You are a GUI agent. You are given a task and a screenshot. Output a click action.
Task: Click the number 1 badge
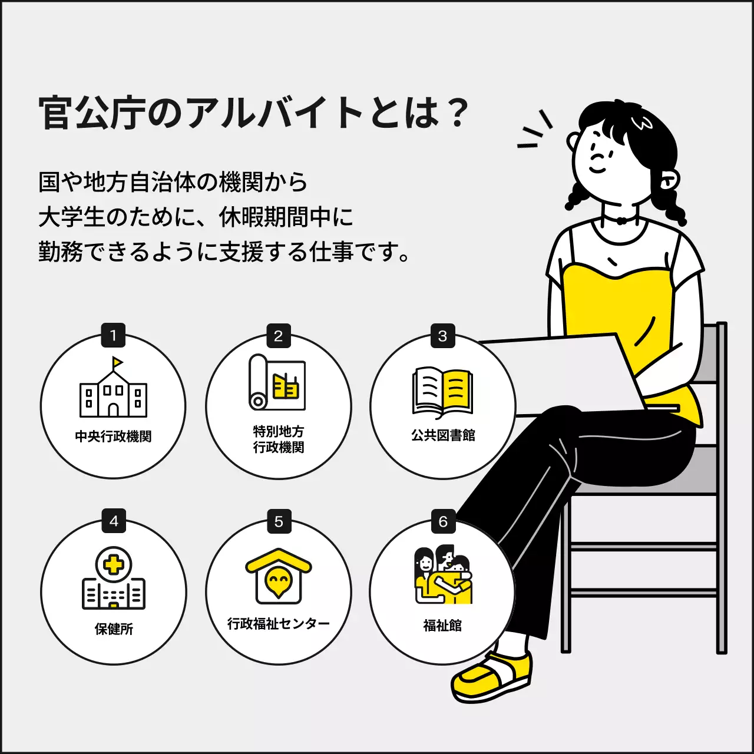click(x=113, y=336)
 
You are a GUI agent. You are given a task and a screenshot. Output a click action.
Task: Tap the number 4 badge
click(x=113, y=521)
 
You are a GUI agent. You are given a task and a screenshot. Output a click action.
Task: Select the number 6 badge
click(x=443, y=521)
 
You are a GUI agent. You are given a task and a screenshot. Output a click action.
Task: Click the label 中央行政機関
click(x=113, y=436)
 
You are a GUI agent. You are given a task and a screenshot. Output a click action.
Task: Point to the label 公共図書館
click(x=443, y=435)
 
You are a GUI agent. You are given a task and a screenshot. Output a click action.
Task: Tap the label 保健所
click(x=114, y=629)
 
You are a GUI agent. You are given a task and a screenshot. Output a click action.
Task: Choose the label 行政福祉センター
click(x=279, y=623)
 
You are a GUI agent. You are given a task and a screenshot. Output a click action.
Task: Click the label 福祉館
click(x=442, y=625)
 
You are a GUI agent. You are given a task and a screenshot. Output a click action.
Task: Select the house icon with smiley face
click(x=279, y=577)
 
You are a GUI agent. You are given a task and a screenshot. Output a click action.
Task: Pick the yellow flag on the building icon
click(x=117, y=362)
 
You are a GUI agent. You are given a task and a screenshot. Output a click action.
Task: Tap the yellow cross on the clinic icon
click(x=114, y=565)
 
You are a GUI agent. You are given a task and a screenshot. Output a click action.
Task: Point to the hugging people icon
click(x=443, y=576)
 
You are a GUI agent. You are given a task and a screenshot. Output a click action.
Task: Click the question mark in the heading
click(x=457, y=113)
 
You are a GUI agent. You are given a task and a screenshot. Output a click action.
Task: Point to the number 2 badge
click(x=278, y=336)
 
